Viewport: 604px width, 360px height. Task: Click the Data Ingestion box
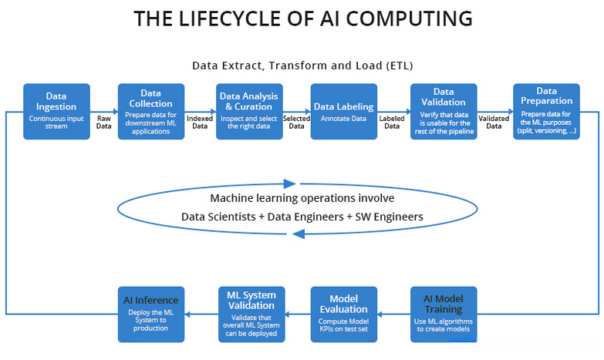coord(56,111)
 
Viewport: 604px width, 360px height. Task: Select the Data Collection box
coord(151,111)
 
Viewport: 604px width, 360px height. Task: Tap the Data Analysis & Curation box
coord(249,111)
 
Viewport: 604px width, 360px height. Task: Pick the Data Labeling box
coord(344,111)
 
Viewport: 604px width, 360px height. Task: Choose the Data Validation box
coord(444,111)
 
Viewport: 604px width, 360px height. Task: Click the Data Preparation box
coord(546,111)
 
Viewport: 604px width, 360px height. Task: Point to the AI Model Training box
coord(444,314)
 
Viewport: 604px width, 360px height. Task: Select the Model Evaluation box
coord(344,314)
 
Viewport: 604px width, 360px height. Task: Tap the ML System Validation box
coord(251,314)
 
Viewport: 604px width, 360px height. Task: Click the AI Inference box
coord(151,314)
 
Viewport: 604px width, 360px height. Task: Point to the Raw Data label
coord(103,122)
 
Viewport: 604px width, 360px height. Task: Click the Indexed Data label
coord(200,122)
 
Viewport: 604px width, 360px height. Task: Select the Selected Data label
coord(296,122)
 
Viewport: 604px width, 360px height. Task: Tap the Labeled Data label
coord(393,122)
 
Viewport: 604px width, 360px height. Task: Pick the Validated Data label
coord(494,122)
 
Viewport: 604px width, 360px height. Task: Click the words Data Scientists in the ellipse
coord(218,217)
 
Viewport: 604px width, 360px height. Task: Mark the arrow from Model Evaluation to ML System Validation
coord(298,314)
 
